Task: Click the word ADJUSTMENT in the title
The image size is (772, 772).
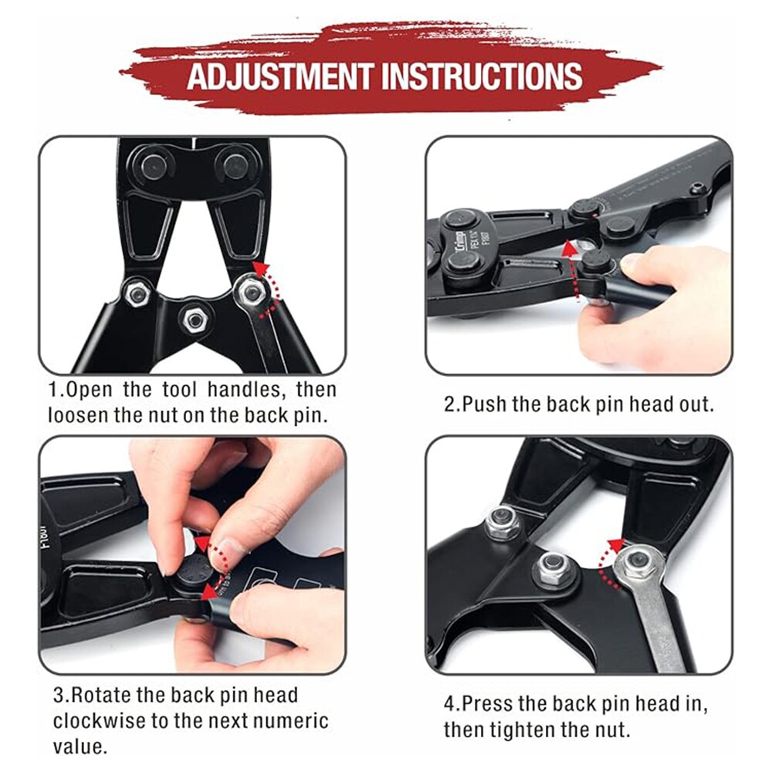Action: coord(279,76)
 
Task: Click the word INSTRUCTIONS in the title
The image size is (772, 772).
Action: coord(482,76)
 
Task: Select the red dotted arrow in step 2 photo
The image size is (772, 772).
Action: coord(570,269)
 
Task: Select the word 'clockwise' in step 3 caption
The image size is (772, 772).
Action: coord(99,721)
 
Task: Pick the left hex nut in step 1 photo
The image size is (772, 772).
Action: coord(137,293)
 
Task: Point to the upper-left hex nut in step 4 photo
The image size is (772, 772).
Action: coord(502,523)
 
